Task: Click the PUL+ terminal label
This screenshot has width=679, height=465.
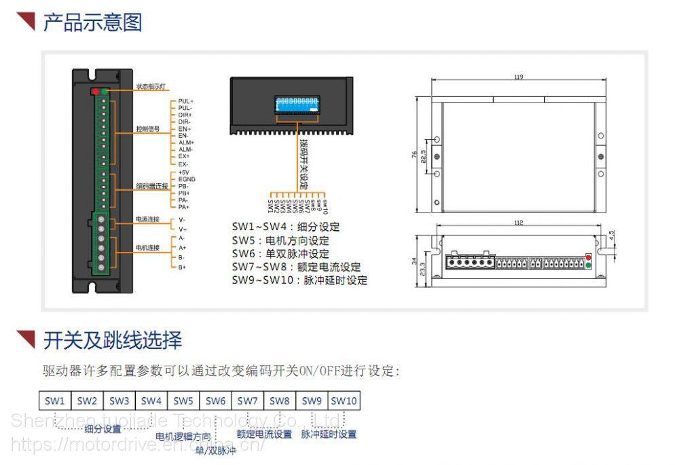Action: click(185, 101)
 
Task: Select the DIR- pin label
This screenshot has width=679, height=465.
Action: click(185, 122)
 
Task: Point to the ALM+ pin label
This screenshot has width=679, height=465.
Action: click(186, 143)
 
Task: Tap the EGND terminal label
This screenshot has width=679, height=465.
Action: click(187, 179)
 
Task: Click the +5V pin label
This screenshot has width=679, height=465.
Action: click(183, 172)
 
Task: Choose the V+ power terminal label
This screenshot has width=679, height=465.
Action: click(183, 229)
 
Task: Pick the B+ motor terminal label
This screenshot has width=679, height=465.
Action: click(183, 267)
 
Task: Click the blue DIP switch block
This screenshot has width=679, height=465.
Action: click(296, 105)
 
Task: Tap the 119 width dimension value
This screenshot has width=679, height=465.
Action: click(519, 77)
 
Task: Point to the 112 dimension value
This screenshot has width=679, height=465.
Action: click(519, 223)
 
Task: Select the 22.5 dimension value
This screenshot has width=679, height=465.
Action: click(424, 157)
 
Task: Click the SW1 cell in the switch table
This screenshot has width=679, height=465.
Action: click(54, 401)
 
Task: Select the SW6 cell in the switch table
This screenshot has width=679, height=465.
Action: click(215, 401)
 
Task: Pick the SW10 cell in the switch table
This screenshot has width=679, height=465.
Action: click(344, 401)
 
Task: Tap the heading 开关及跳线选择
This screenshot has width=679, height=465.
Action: click(112, 339)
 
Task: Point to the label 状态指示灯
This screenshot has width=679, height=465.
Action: click(151, 87)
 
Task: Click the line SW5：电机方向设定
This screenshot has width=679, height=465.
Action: click(280, 240)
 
